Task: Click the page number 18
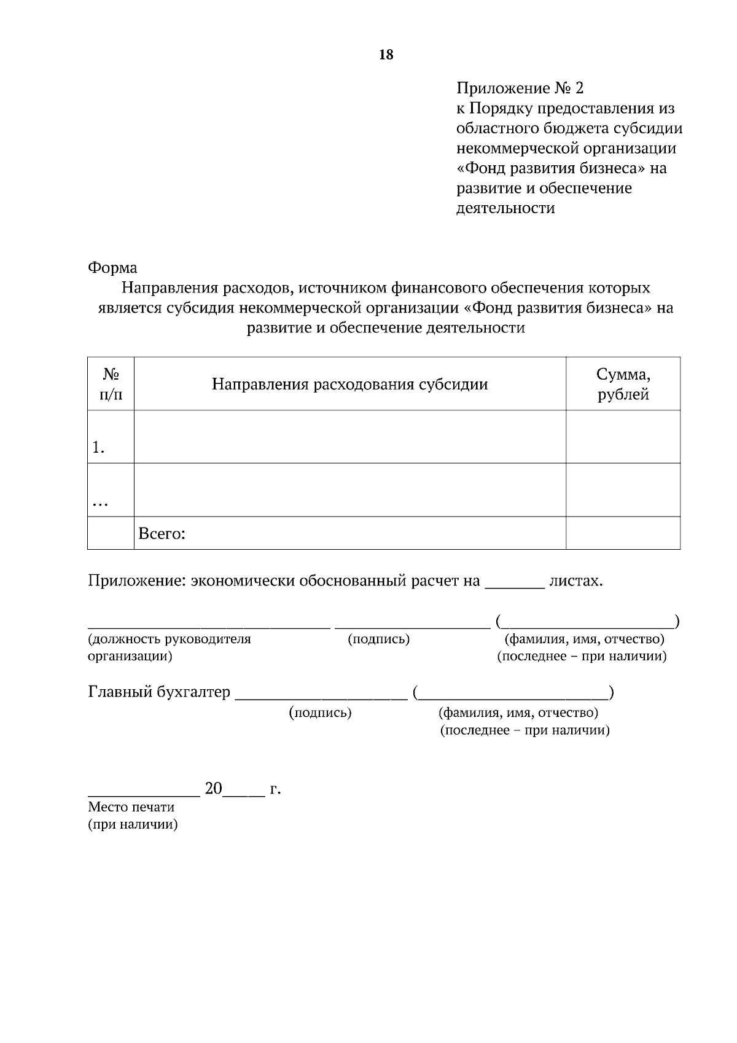(386, 55)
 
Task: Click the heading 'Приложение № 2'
(520, 88)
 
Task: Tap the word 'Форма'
(112, 268)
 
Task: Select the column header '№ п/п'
(111, 385)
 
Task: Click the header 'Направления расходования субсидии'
(349, 385)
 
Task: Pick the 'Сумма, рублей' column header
(623, 385)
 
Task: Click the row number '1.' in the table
(98, 448)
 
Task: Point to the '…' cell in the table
(100, 502)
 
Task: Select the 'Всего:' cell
(162, 534)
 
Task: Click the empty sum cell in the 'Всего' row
(623, 533)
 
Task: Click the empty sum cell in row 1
(623, 437)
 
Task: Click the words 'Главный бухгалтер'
(159, 692)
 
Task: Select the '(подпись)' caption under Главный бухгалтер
(320, 713)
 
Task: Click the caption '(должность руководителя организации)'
(170, 647)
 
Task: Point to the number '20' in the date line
(214, 789)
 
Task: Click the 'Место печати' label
(131, 807)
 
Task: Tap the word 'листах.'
(575, 581)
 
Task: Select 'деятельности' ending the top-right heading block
(505, 208)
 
